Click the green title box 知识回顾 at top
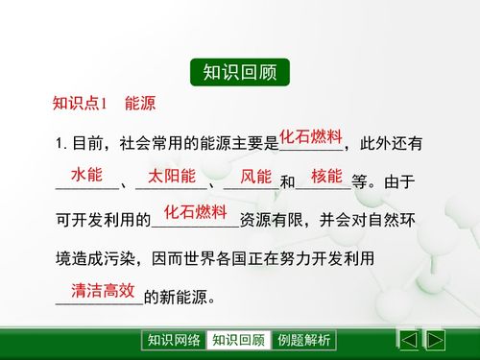click(x=239, y=72)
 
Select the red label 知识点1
click(x=84, y=104)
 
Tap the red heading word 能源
click(x=140, y=104)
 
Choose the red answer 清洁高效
click(x=103, y=290)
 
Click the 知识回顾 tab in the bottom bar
click(x=238, y=340)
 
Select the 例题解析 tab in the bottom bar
click(x=303, y=340)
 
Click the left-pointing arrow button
click(x=408, y=340)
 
